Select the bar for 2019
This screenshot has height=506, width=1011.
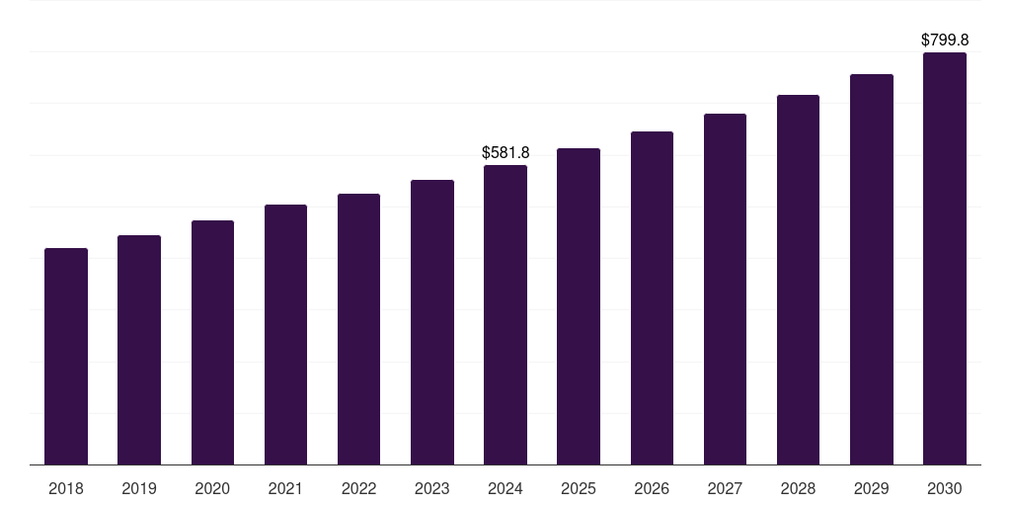139,350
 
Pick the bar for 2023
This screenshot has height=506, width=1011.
432,322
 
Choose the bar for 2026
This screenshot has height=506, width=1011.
652,297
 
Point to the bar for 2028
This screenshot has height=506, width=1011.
798,280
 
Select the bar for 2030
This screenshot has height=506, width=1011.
945,258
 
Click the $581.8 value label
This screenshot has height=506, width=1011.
505,153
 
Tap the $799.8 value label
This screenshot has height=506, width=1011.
945,41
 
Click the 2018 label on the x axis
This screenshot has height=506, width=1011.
66,488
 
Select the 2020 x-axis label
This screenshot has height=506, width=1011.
212,488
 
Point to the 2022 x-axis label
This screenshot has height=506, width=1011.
358,488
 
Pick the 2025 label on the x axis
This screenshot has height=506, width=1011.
579,488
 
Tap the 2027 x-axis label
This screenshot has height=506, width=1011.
725,488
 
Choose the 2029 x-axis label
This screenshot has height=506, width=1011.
871,488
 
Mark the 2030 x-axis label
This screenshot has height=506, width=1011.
945,488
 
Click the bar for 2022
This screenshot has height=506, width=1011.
358,329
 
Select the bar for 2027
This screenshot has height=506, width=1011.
725,289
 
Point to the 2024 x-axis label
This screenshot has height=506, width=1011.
505,488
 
